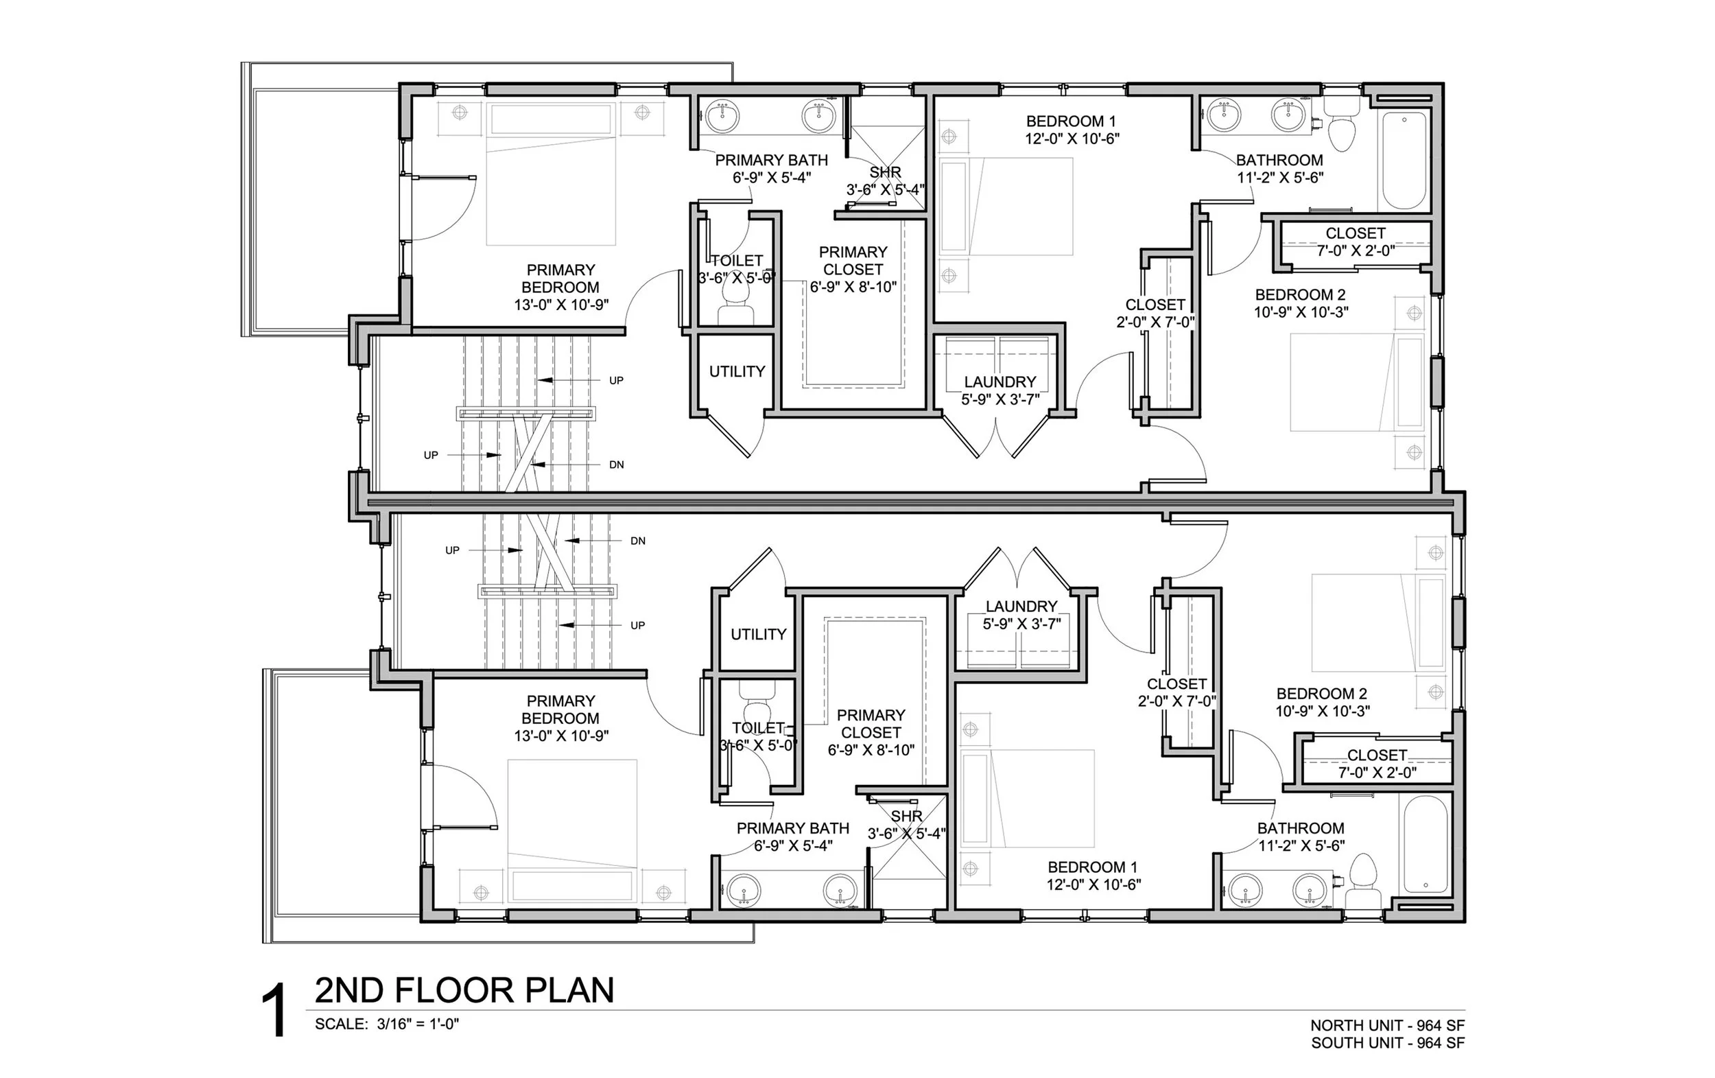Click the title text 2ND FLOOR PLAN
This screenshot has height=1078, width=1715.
point(464,990)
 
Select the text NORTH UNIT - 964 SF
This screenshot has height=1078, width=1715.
point(1387,1025)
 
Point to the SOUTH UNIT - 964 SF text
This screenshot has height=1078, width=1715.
point(1387,1043)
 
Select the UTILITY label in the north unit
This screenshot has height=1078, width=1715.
point(737,371)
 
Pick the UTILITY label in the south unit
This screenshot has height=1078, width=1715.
point(758,634)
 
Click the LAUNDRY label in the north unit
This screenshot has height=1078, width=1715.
point(1000,382)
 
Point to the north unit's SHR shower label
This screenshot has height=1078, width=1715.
point(885,172)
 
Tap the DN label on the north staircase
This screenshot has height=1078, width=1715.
point(616,465)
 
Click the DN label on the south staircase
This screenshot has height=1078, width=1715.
point(637,541)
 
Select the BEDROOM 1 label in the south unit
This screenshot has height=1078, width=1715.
point(1092,867)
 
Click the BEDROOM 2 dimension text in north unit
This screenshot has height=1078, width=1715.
point(1301,312)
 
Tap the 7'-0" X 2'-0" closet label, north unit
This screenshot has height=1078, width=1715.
point(1356,250)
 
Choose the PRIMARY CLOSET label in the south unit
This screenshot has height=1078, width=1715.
point(871,723)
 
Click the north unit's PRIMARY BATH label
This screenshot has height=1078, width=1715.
point(771,161)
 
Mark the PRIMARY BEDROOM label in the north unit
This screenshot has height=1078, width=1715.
point(560,279)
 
